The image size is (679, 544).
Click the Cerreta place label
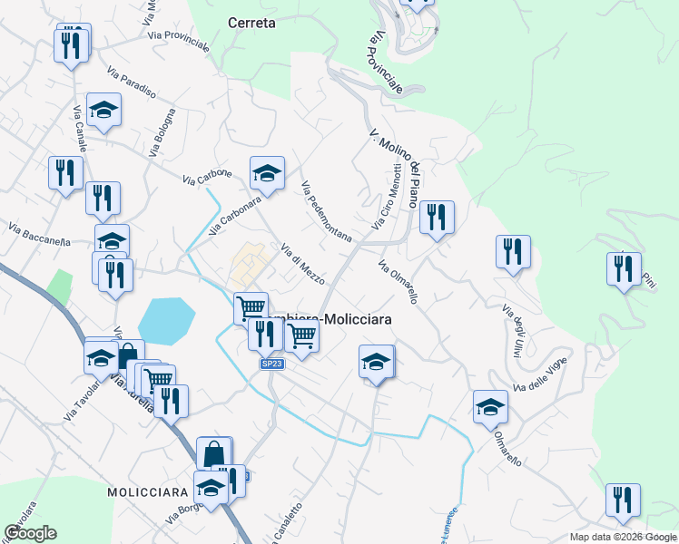tap(251, 23)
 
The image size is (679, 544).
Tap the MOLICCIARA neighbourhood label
tap(147, 491)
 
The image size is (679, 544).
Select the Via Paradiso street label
tap(132, 83)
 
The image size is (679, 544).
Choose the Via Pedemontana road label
tap(326, 210)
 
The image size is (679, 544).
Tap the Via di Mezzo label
tap(302, 264)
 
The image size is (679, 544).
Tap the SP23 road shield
tap(271, 364)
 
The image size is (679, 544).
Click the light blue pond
tap(166, 321)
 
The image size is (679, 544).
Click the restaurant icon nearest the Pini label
tap(624, 267)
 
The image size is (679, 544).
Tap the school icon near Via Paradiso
tap(104, 110)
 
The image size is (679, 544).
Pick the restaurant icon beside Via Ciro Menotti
tap(437, 217)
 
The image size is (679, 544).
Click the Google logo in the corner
tap(30, 533)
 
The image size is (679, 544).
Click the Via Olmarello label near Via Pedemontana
tap(399, 282)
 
